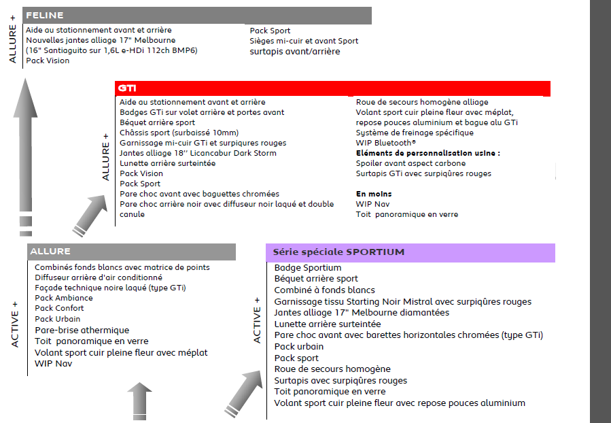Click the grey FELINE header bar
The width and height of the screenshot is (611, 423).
click(x=197, y=15)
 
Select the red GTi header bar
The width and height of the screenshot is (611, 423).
click(x=332, y=88)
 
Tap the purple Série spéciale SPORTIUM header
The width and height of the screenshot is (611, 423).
click(x=410, y=252)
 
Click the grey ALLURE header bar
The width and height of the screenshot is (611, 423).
click(x=131, y=252)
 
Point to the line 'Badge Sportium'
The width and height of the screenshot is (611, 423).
click(x=308, y=268)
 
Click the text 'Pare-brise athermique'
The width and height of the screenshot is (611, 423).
click(x=82, y=331)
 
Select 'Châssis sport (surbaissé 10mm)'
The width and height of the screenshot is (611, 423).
click(x=179, y=133)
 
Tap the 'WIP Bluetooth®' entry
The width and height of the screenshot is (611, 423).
click(x=385, y=143)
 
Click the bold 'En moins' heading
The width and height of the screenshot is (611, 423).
click(x=374, y=194)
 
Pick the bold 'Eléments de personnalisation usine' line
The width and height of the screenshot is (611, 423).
click(x=427, y=153)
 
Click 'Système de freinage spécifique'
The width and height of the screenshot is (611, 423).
click(x=415, y=133)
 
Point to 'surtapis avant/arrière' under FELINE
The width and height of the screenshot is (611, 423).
click(x=295, y=52)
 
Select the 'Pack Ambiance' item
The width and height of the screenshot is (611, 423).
click(x=64, y=298)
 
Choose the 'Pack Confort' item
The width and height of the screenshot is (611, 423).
click(x=60, y=308)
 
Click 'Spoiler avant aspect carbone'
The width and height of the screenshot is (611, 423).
click(x=411, y=163)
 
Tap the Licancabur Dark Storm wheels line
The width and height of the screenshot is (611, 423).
click(x=198, y=153)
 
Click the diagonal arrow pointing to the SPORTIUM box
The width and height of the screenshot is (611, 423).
click(x=242, y=395)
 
